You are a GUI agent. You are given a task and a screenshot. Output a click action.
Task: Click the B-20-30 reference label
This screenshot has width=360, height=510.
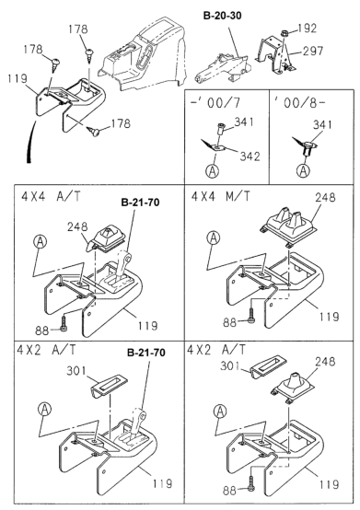[x=222, y=16]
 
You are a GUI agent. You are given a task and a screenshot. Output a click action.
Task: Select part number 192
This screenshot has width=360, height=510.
[x=307, y=28]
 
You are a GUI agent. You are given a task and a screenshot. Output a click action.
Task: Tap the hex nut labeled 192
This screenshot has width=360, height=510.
[x=284, y=33]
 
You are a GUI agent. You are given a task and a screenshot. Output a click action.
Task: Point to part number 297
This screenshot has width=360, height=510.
[x=313, y=51]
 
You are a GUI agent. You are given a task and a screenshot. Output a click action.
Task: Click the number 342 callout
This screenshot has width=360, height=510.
[x=250, y=156]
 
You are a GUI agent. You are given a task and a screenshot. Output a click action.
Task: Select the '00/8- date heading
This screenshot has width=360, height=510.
[x=299, y=103]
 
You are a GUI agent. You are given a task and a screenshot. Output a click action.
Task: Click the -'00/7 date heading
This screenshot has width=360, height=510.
[x=215, y=103]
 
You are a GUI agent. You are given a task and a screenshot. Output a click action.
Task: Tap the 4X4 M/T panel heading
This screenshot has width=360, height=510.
[x=221, y=196]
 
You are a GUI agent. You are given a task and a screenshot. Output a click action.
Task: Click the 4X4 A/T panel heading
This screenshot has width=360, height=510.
[x=51, y=196]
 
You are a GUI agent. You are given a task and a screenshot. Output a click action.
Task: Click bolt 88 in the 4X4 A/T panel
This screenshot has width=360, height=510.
[x=64, y=324]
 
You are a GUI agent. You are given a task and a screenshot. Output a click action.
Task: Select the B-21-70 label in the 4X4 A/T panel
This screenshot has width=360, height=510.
[x=140, y=203]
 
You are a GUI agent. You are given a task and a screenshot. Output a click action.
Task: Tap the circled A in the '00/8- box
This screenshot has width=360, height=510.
[x=304, y=170]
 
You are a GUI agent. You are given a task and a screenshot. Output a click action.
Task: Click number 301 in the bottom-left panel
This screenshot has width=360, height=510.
[x=76, y=370]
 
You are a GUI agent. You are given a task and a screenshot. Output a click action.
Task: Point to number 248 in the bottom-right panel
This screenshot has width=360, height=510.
[x=325, y=362]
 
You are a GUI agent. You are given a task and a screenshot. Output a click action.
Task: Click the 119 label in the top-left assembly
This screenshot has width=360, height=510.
[x=17, y=78]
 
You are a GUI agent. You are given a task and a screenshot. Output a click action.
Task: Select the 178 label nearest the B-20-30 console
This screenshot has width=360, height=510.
[x=77, y=29]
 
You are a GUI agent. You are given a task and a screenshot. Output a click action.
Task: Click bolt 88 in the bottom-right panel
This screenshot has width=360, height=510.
[x=251, y=483]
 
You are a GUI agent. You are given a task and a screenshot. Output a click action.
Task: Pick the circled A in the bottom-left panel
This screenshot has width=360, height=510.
[x=44, y=409]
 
